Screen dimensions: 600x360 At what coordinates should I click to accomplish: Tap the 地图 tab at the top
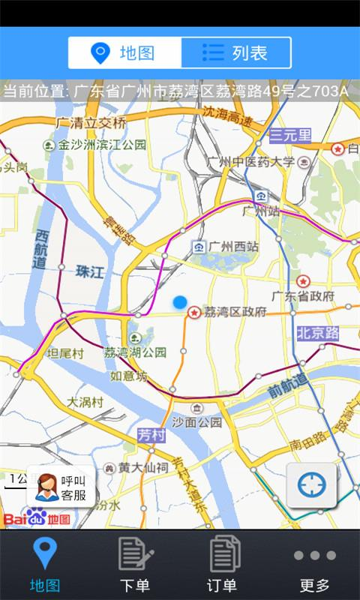point(124,52)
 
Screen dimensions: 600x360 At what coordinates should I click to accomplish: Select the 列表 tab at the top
point(235,52)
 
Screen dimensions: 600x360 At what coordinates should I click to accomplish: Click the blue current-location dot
point(179,302)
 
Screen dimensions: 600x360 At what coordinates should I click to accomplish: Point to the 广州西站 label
point(233,246)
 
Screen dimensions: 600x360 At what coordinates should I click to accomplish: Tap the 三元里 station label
point(290,135)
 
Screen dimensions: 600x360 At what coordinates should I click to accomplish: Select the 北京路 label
point(317,332)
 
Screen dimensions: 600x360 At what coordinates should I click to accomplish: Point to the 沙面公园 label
point(197,421)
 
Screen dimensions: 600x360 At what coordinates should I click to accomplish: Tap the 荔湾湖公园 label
point(135,352)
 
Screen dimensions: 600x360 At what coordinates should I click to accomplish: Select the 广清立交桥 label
point(91,121)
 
